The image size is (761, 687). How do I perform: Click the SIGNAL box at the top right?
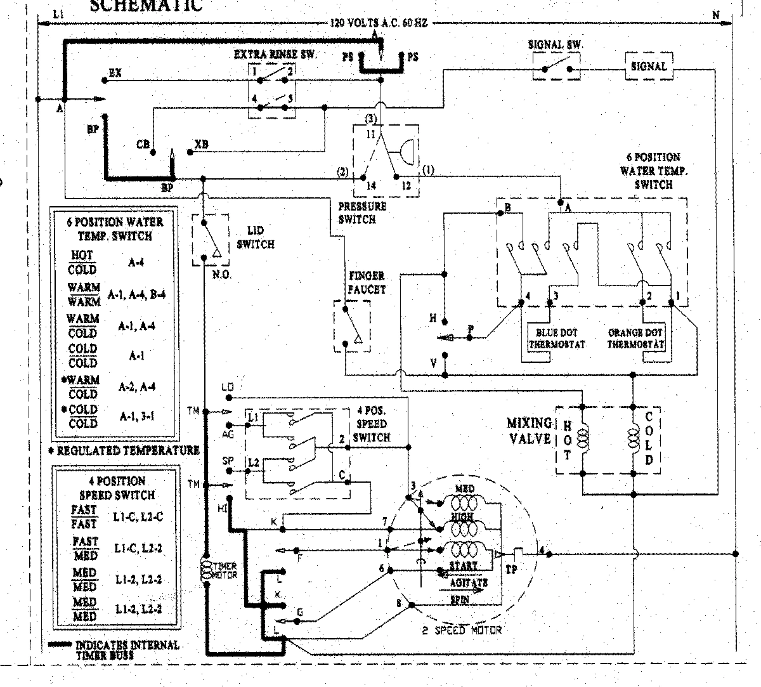click(x=649, y=66)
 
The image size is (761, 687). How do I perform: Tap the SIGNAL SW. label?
click(x=556, y=44)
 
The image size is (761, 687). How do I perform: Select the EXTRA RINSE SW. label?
click(x=275, y=55)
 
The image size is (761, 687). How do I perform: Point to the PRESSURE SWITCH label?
click(x=361, y=213)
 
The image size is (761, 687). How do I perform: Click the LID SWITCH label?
click(x=255, y=237)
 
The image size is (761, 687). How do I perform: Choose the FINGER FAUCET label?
click(x=367, y=283)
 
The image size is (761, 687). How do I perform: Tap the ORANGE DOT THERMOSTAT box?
click(x=635, y=338)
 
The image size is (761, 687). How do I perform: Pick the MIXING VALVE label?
click(x=529, y=430)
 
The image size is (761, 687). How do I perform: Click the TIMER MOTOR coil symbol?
click(x=206, y=569)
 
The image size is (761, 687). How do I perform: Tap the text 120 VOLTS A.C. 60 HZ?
click(x=379, y=23)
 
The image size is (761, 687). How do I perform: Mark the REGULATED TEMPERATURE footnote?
click(x=124, y=450)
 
